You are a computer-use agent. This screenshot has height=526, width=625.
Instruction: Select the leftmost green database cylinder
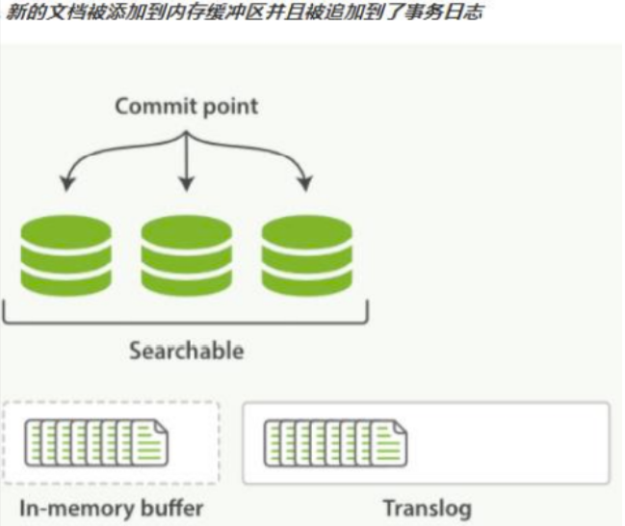pos(65,254)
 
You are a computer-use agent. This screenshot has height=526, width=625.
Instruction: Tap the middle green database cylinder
pos(186,254)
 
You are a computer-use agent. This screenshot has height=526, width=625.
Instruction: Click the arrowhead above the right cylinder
pos(306,182)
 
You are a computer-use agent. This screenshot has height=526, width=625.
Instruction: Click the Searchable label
pos(186,350)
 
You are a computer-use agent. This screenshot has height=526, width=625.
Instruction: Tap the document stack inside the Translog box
pos(335,442)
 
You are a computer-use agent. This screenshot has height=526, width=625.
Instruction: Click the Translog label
pos(428,508)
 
